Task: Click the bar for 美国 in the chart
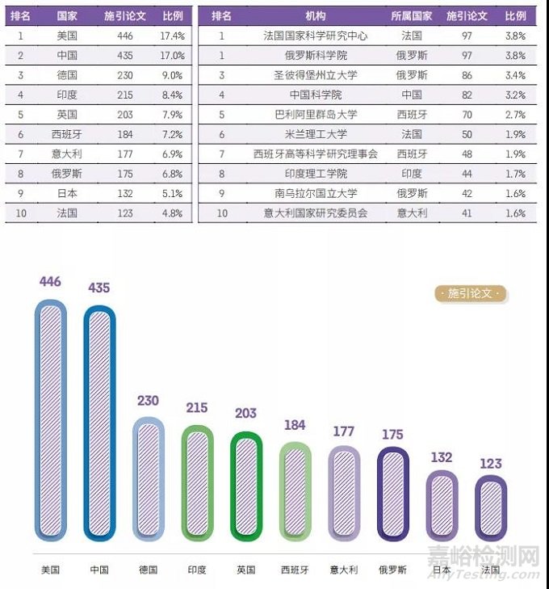pyautogui.click(x=50, y=420)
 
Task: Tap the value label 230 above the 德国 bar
pyautogui.click(x=149, y=401)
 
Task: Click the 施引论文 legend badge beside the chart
pyautogui.click(x=471, y=293)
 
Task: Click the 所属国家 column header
pyautogui.click(x=412, y=16)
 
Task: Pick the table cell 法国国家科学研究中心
pyautogui.click(x=316, y=36)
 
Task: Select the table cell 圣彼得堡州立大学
pyautogui.click(x=316, y=75)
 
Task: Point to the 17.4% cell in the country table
pyautogui.click(x=172, y=36)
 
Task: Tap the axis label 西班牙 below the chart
pyautogui.click(x=295, y=570)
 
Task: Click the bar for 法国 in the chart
pyautogui.click(x=491, y=507)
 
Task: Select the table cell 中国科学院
pyautogui.click(x=316, y=95)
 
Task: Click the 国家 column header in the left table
pyautogui.click(x=67, y=16)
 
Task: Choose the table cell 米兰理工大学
pyautogui.click(x=316, y=134)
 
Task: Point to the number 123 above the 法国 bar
pyautogui.click(x=491, y=464)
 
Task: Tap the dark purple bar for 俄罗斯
pyautogui.click(x=393, y=493)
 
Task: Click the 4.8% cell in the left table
pyautogui.click(x=172, y=213)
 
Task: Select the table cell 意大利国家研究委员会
pyautogui.click(x=316, y=213)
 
